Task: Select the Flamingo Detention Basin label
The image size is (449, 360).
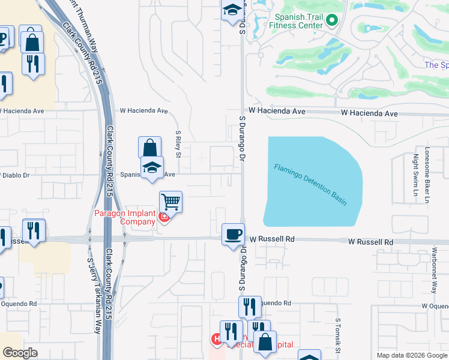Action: pyautogui.click(x=311, y=184)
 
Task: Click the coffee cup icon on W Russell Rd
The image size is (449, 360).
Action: pyautogui.click(x=233, y=235)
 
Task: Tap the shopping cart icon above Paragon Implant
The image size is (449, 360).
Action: pyautogui.click(x=171, y=202)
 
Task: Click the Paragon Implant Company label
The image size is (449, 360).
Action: pyautogui.click(x=125, y=217)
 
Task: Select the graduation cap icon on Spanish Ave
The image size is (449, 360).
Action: pyautogui.click(x=152, y=168)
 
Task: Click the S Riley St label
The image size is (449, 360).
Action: pyautogui.click(x=178, y=145)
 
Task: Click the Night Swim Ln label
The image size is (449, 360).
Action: pyautogui.click(x=415, y=176)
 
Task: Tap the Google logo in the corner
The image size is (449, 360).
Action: pyautogui.click(x=20, y=353)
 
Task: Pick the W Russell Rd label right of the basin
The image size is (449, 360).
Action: pyautogui.click(x=370, y=242)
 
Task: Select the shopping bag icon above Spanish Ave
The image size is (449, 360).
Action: pyautogui.click(x=149, y=148)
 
